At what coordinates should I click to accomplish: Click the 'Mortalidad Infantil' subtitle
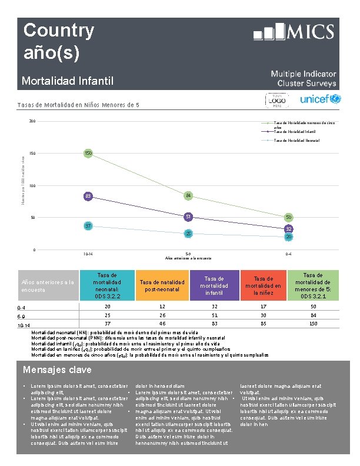click(x=67, y=81)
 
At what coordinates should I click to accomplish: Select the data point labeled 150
click(x=88, y=154)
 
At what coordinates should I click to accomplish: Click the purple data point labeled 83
click(x=88, y=196)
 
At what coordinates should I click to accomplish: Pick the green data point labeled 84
click(x=188, y=195)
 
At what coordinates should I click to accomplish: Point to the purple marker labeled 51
click(x=188, y=217)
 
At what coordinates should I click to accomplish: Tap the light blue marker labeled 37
click(x=88, y=226)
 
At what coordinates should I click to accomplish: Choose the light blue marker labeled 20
click(x=289, y=237)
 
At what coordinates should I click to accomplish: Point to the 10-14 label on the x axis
click(x=88, y=255)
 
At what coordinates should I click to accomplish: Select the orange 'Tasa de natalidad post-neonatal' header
click(x=157, y=286)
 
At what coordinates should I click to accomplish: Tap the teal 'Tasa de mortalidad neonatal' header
click(x=108, y=285)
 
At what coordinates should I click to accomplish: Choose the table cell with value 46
click(x=157, y=324)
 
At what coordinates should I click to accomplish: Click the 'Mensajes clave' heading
click(x=56, y=370)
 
